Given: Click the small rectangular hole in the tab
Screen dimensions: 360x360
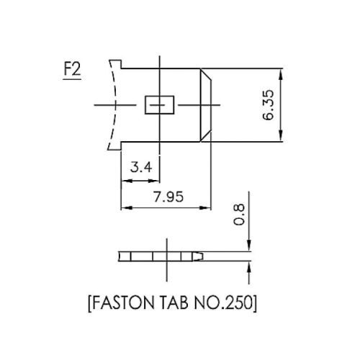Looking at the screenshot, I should [x=158, y=105].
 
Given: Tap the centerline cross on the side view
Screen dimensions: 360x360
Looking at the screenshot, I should [x=168, y=256].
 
